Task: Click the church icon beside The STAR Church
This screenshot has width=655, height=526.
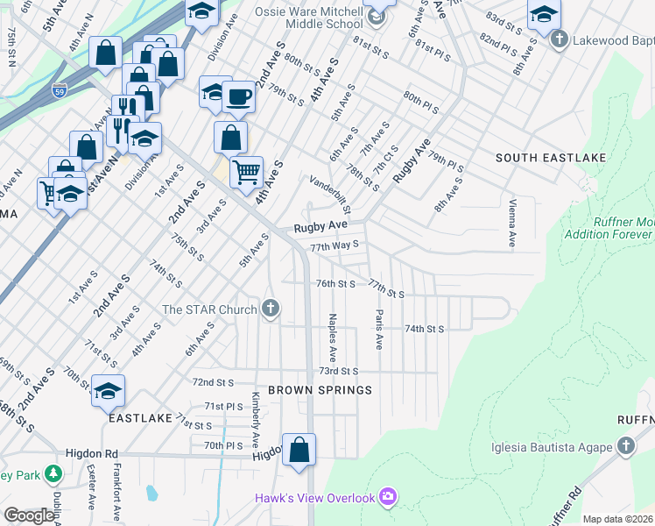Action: point(271,309)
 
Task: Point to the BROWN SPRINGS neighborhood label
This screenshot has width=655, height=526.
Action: point(320,389)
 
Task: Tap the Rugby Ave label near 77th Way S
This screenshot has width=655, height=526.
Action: point(315,226)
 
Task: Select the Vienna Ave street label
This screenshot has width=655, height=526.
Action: point(511,224)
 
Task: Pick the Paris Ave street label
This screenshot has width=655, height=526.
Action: point(379,330)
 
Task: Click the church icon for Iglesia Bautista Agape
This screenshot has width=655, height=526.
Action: point(625,447)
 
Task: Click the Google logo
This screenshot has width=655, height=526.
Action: point(29,515)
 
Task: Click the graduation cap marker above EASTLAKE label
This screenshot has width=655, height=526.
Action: point(108,390)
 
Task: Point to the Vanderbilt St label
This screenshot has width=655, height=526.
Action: point(330,195)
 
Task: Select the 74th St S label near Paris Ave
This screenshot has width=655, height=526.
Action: point(425,328)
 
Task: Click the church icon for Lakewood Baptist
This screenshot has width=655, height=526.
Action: point(560,39)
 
